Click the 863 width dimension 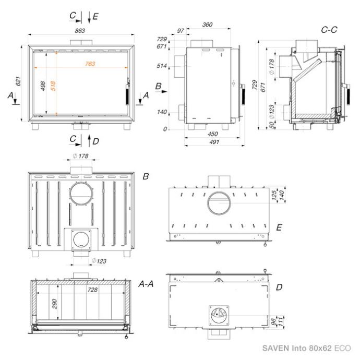click(80, 31)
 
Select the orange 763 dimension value click(90, 64)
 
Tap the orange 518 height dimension click(53, 86)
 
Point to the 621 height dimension click(18, 81)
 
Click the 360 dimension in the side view click(207, 25)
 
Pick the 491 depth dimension click(214, 142)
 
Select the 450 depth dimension click(212, 134)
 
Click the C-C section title click(329, 30)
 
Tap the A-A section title click(146, 284)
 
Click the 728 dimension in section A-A click(92, 290)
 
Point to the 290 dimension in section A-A click(54, 304)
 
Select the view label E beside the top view click(279, 227)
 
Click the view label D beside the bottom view click(279, 287)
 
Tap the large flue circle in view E click(207, 203)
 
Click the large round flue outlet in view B click(70, 193)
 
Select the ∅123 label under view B click(99, 261)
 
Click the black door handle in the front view click(127, 94)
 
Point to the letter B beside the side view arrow click(158, 86)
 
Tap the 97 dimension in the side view click(181, 31)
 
